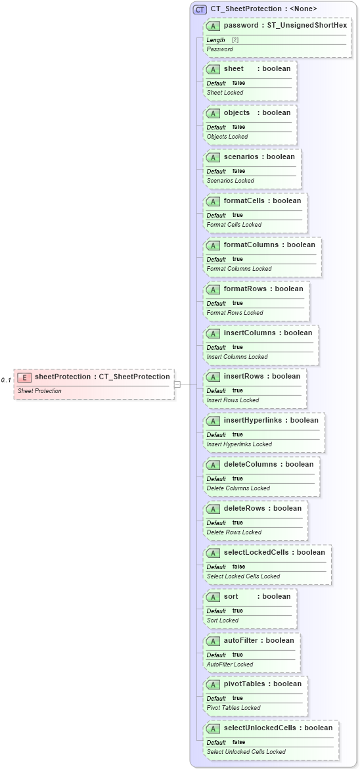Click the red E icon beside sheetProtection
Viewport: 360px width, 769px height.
24,377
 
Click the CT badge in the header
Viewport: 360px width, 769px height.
200,9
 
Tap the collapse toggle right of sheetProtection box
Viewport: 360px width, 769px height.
177,384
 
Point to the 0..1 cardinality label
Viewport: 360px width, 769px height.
6,381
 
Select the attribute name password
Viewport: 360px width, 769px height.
240,25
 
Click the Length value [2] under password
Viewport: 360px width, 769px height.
235,40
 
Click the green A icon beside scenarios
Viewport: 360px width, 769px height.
213,157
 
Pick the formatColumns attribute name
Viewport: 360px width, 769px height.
251,245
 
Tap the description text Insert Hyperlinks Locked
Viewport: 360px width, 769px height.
239,444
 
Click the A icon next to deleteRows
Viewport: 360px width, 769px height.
213,509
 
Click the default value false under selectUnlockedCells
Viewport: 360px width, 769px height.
239,742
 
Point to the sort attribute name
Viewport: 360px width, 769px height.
231,596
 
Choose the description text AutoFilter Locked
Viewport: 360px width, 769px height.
230,664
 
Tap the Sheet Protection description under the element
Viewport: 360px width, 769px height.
39,391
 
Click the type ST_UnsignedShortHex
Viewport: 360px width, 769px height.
307,25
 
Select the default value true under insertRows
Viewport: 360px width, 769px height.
237,390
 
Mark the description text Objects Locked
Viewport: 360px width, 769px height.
227,137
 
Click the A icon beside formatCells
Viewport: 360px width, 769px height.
213,201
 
